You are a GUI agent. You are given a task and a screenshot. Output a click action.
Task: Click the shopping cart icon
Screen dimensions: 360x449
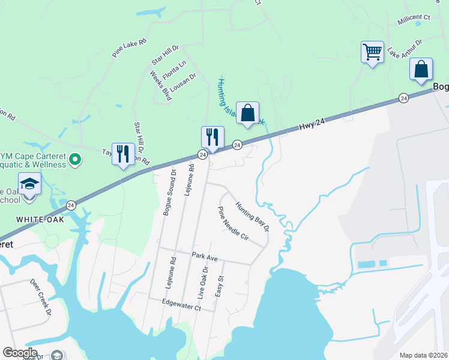pos(372,52)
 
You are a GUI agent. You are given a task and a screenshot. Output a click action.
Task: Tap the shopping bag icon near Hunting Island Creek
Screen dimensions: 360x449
pos(247,112)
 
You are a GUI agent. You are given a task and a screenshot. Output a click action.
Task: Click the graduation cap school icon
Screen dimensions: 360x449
pos(29,183)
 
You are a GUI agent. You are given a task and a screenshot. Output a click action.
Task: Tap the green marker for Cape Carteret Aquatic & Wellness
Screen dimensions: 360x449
pos(75,160)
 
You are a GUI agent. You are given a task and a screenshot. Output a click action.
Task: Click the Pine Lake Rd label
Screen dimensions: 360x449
pos(129,49)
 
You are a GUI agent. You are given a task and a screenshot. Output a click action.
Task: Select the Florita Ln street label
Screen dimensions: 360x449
pos(175,71)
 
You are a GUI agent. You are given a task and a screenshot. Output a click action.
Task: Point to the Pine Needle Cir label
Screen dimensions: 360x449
pos(233,223)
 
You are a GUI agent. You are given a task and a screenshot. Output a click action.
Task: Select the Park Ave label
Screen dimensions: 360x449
pos(204,256)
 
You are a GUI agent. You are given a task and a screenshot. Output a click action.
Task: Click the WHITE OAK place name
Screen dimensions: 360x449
pos(40,219)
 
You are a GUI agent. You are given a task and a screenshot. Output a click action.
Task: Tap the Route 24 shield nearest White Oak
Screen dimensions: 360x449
pos(71,205)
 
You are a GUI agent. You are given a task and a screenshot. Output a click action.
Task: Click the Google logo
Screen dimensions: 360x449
pos(20,353)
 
